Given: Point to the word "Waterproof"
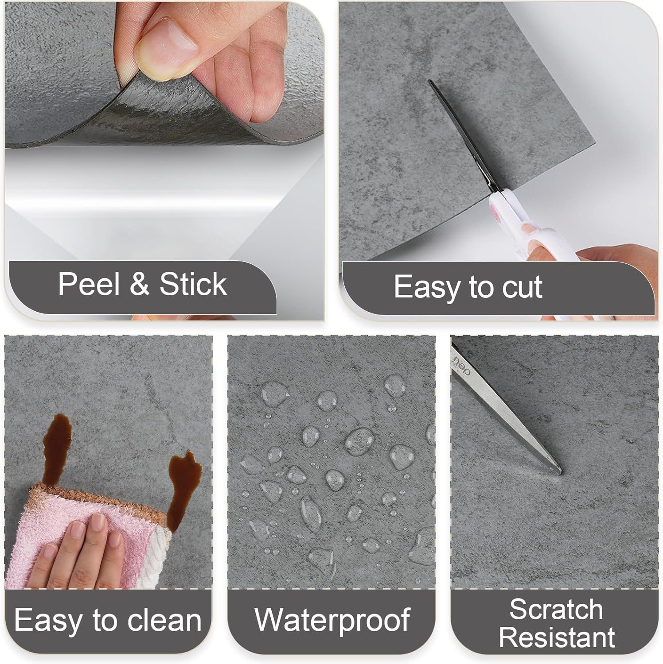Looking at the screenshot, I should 332,619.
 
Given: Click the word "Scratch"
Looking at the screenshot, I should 556,610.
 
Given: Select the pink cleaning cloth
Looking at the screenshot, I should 58,527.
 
